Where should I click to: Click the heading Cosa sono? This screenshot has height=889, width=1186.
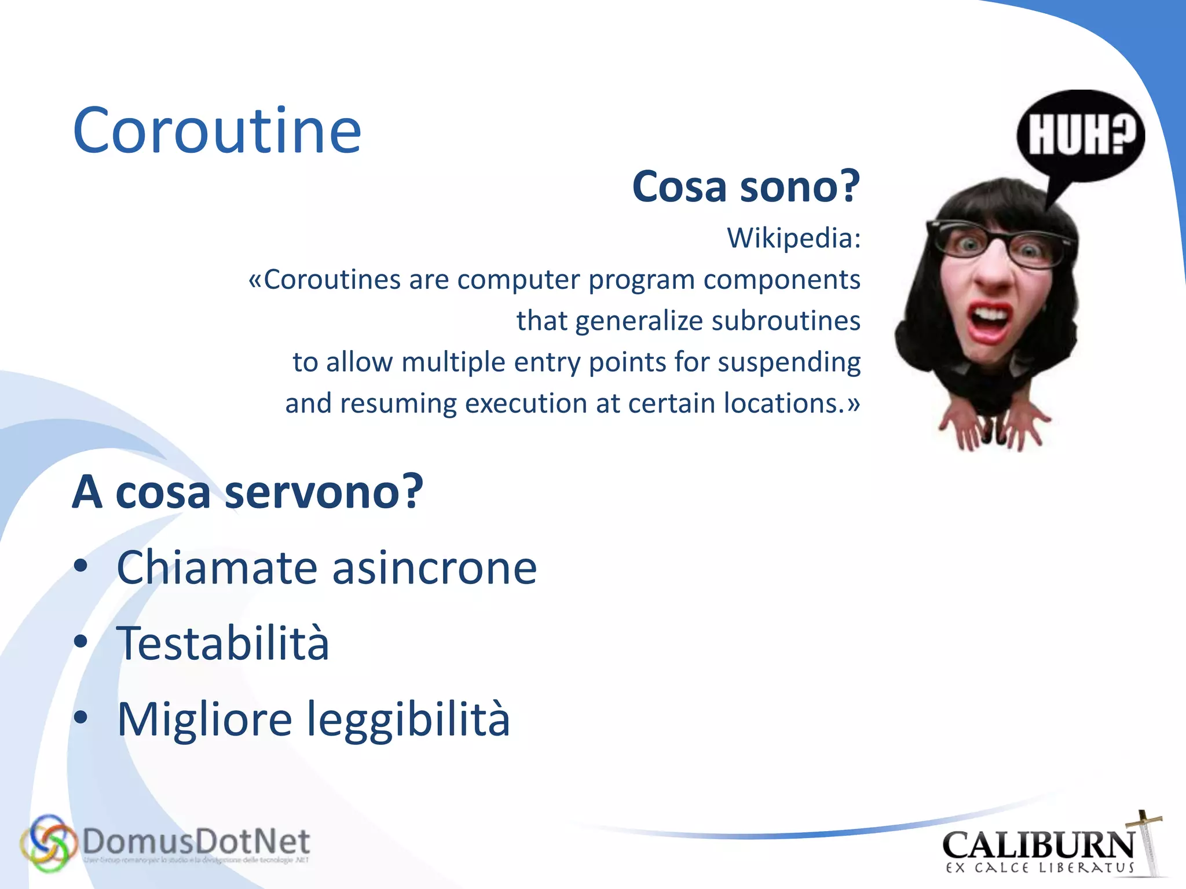746,187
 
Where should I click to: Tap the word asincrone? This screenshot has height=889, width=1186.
434,568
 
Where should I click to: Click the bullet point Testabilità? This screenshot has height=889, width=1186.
222,643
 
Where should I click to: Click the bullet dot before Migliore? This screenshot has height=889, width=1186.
81,718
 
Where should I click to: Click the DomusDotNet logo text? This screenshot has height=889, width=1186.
196,842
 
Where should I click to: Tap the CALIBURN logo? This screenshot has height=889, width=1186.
1039,847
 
